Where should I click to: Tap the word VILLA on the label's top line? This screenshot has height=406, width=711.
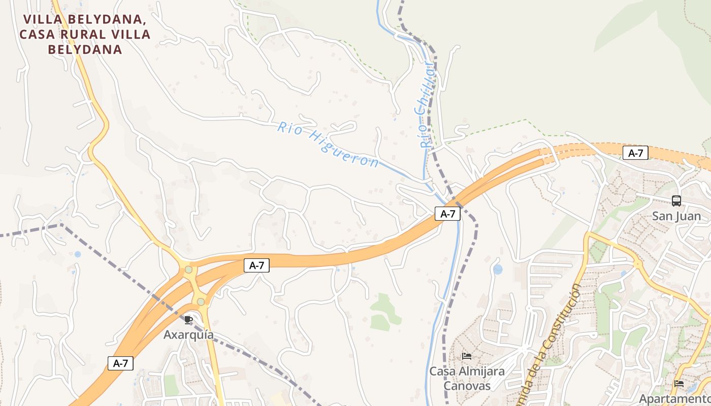click(45, 20)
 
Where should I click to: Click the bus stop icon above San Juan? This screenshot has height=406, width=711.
click(676, 200)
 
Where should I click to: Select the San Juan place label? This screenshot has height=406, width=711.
click(676, 216)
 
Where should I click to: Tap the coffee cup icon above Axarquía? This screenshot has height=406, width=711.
click(188, 319)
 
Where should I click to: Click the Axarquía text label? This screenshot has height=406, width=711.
click(188, 335)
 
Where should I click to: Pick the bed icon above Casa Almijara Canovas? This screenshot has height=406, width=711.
click(467, 356)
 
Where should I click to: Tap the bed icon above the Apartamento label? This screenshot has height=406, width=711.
click(679, 383)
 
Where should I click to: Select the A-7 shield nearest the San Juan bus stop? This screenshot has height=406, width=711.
click(635, 153)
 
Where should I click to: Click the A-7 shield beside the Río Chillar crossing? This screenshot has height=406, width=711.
click(447, 214)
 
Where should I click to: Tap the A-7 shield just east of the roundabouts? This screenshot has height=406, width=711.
click(256, 265)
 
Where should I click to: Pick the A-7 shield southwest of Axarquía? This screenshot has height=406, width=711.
click(120, 363)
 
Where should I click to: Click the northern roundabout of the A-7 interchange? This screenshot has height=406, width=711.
click(189, 269)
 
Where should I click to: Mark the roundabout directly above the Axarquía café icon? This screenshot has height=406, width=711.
click(201, 302)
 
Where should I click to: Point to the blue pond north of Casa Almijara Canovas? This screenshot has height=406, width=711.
click(498, 269)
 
